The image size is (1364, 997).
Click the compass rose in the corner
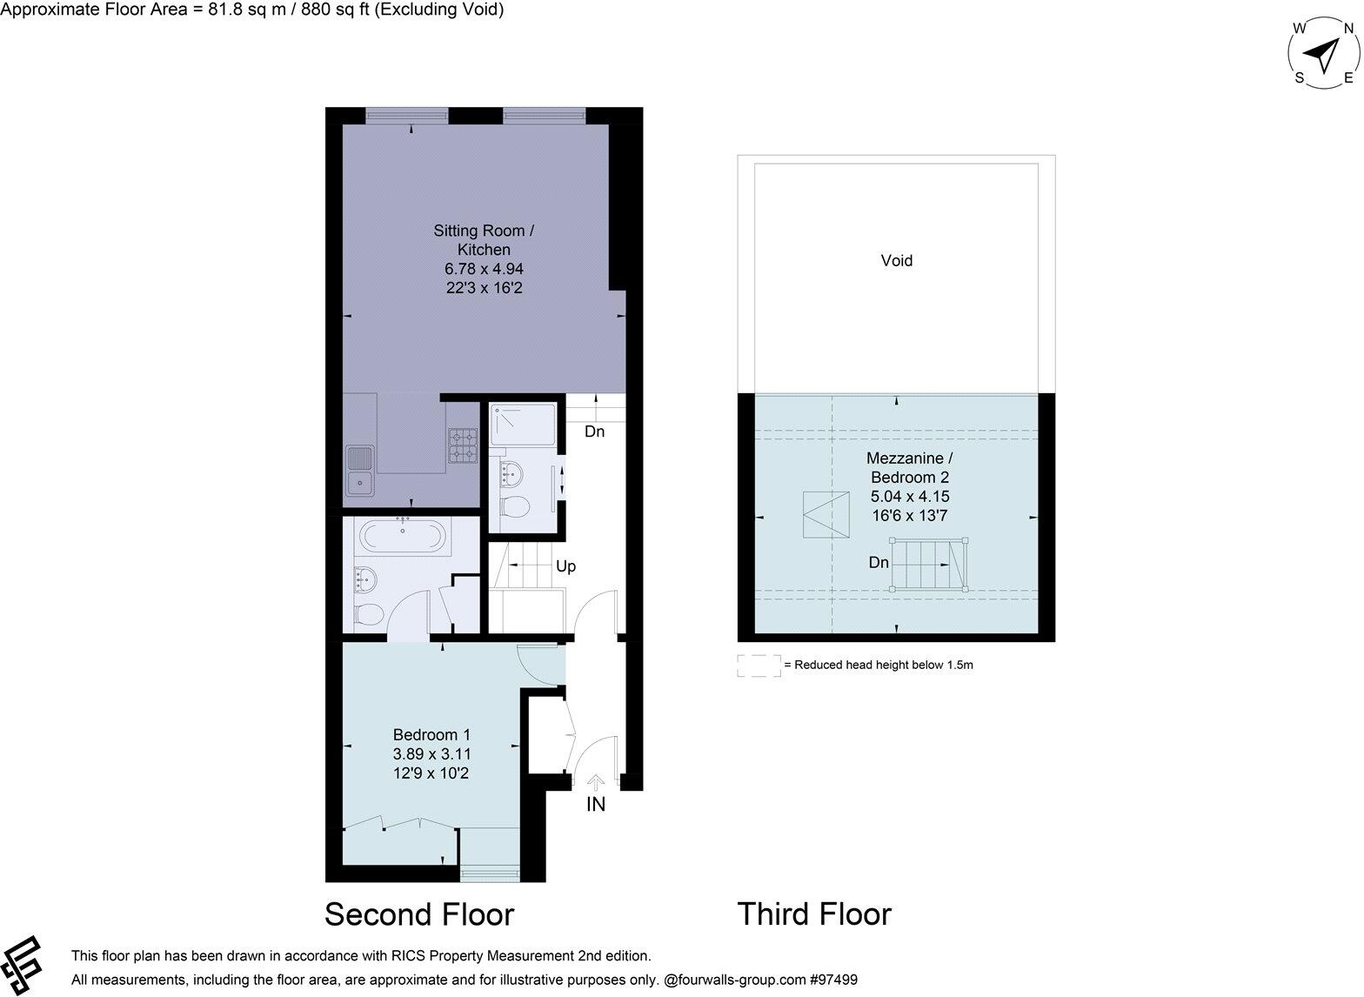(x=1324, y=54)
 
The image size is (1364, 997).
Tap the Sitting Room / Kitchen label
(x=484, y=240)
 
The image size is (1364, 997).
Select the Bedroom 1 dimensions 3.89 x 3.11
(x=431, y=754)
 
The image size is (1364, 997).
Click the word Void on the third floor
(x=896, y=260)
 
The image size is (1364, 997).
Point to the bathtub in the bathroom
(x=403, y=536)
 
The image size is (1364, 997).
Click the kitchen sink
(x=359, y=470)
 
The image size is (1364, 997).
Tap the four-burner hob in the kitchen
(x=463, y=444)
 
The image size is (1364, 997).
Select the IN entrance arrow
(x=596, y=784)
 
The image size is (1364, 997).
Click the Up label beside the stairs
(x=565, y=566)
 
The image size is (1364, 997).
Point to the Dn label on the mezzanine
(x=879, y=563)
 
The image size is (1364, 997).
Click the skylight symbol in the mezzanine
(x=826, y=515)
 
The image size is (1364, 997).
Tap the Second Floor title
(x=419, y=914)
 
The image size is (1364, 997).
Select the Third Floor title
(x=814, y=914)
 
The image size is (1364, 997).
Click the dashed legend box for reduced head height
(x=759, y=666)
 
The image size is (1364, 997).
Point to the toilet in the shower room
(x=517, y=508)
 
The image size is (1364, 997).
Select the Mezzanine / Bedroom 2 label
(x=909, y=467)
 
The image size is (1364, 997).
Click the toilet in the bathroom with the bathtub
(x=368, y=613)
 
